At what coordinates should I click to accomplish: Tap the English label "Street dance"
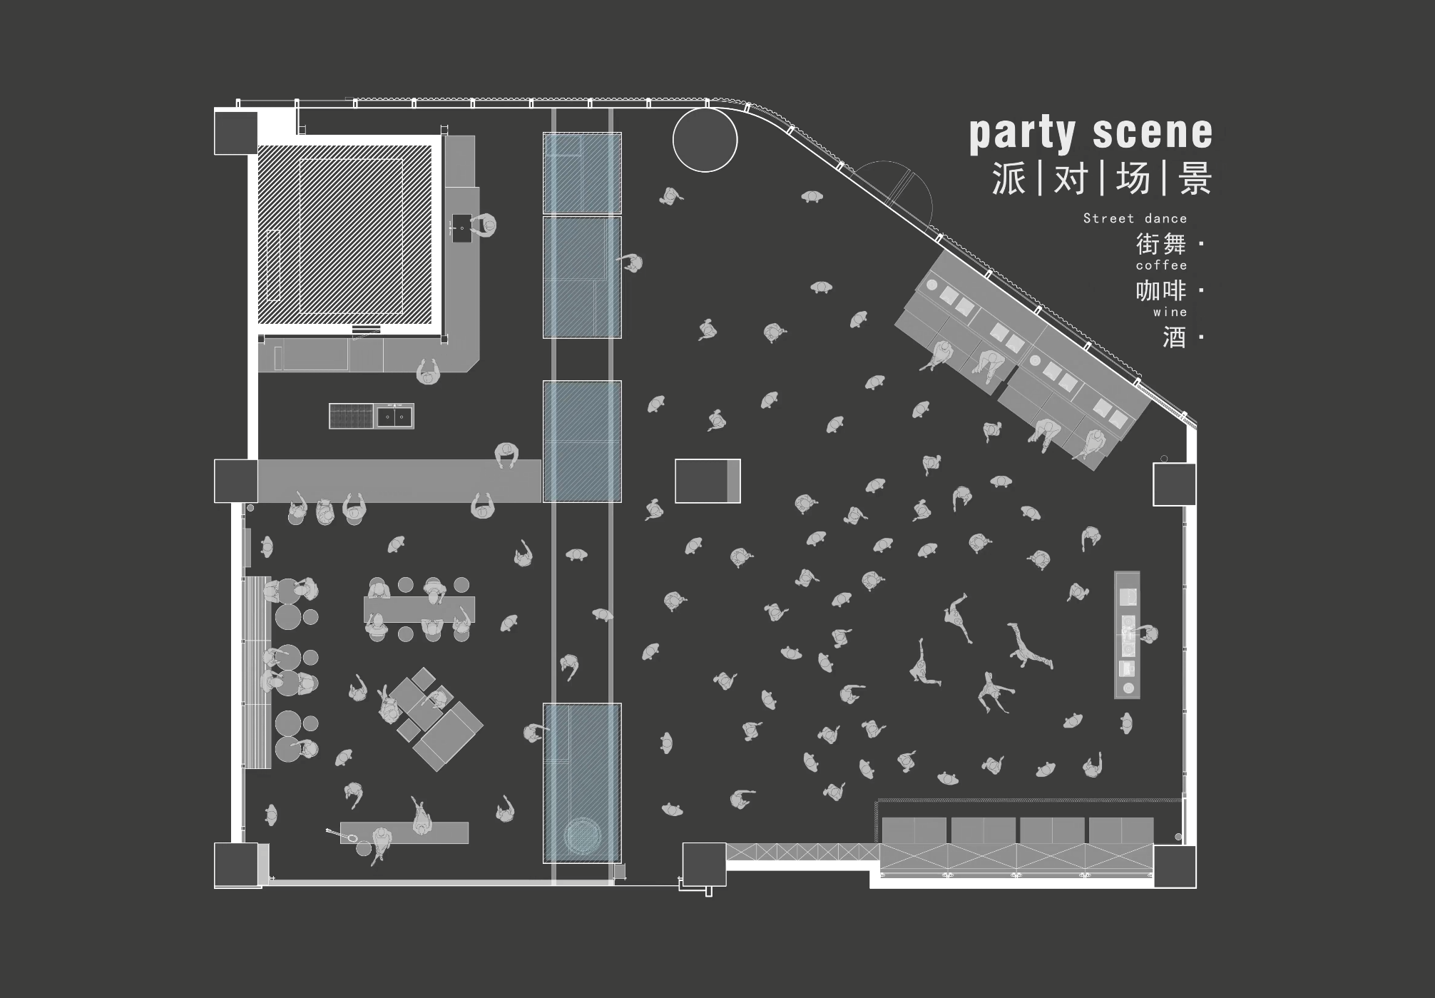coord(1135,218)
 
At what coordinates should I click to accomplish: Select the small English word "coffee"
coord(1161,265)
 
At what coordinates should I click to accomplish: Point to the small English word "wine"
coord(1170,312)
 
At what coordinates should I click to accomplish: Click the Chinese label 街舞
coord(1160,244)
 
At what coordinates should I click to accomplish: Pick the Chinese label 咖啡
coord(1160,290)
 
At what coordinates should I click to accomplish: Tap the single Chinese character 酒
coord(1174,337)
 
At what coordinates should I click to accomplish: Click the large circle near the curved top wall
coord(705,140)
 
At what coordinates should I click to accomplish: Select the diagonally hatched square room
coord(345,235)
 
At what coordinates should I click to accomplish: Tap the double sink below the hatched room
coord(394,416)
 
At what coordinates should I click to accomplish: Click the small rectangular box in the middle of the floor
coord(708,481)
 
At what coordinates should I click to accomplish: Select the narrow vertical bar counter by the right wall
coord(1127,634)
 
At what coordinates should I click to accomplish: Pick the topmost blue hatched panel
coord(582,173)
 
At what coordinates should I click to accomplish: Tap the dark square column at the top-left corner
coord(235,132)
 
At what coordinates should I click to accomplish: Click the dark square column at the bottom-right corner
coord(1174,866)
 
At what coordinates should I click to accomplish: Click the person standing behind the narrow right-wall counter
coord(1148,633)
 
